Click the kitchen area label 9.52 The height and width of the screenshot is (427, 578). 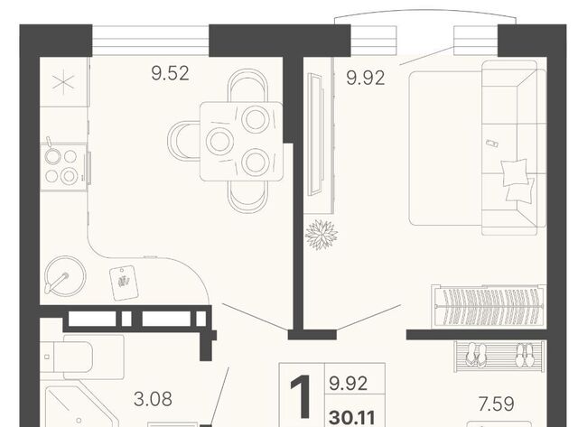point(170,73)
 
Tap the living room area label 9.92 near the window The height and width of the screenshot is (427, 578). point(366,79)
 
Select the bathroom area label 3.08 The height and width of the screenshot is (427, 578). point(153,399)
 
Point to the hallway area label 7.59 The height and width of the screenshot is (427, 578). point(496,404)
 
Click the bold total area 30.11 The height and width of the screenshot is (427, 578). point(352,417)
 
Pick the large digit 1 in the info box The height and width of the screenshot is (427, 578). point(301,397)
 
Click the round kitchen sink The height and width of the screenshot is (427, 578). point(64,275)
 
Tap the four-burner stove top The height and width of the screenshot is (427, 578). point(63,167)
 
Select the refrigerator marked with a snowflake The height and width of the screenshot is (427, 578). point(63,82)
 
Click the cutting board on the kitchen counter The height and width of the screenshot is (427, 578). point(124,283)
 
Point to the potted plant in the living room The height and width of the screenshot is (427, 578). point(322,235)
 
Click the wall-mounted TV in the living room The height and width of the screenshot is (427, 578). point(315,135)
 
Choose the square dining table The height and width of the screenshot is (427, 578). point(241,142)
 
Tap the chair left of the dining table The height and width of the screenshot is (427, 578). point(183,141)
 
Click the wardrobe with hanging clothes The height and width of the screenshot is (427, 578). point(489,306)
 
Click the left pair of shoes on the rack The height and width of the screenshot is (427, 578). point(476,355)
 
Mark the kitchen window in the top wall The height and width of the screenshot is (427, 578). point(151,41)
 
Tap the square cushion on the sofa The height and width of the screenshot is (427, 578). point(514,172)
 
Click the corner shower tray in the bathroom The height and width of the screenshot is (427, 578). point(80,406)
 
